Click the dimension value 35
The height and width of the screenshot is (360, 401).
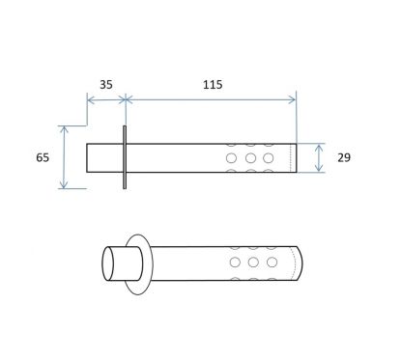(x=106, y=85)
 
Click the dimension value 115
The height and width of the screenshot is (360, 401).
(x=213, y=85)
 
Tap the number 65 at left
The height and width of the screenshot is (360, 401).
(x=43, y=157)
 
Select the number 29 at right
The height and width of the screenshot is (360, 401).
(x=344, y=157)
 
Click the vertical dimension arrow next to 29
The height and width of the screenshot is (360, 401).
(x=319, y=158)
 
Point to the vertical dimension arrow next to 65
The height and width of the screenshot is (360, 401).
(x=64, y=157)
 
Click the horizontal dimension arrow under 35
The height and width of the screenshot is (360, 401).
(x=106, y=100)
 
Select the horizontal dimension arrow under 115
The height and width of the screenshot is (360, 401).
(x=211, y=100)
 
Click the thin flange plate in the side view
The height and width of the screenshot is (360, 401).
(x=125, y=157)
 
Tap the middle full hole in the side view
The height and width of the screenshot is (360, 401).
(x=250, y=158)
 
